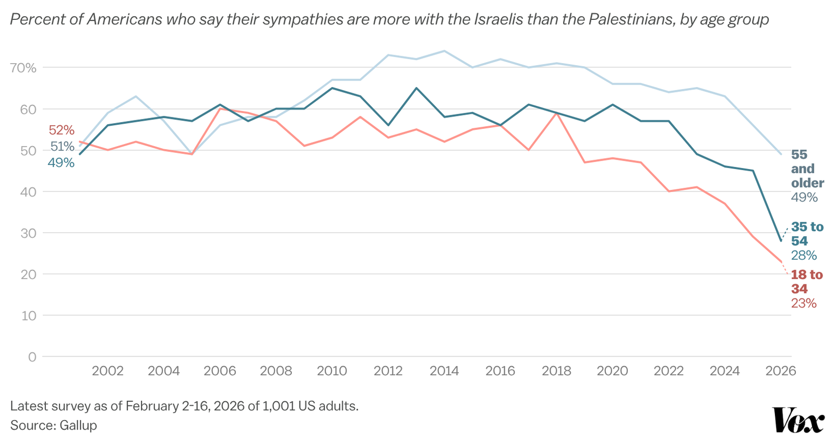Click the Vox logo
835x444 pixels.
(x=798, y=420)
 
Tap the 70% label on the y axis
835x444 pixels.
(x=23, y=68)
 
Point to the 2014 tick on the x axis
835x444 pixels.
(x=444, y=371)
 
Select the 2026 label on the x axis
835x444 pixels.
(x=781, y=371)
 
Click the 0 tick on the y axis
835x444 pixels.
(x=32, y=357)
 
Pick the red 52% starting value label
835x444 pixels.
(x=62, y=130)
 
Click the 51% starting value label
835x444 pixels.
(x=62, y=147)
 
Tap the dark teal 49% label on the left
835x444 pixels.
(x=61, y=163)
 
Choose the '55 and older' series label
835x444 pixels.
(x=807, y=169)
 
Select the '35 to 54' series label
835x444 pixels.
(x=807, y=234)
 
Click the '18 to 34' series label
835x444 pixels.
(x=807, y=282)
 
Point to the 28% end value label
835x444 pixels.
(x=804, y=255)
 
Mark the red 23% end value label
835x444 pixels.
(x=804, y=304)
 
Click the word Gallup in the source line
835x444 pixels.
(x=78, y=425)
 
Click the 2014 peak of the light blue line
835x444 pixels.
(x=444, y=51)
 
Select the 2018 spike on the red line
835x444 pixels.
(x=556, y=113)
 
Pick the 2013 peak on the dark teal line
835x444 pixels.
(x=416, y=88)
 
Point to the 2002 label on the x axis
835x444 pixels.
(x=108, y=371)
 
